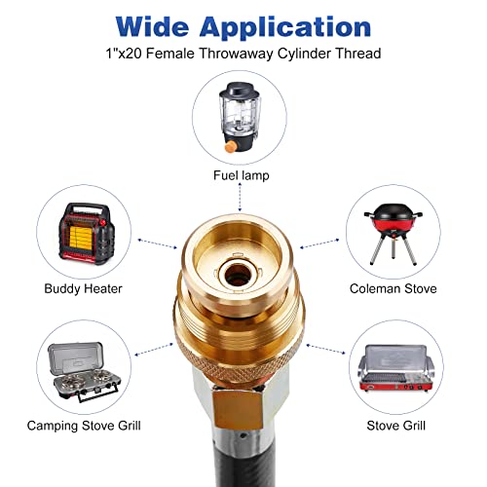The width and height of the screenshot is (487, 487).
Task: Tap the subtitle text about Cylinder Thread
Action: (243, 56)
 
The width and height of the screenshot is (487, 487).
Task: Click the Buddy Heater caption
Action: (81, 288)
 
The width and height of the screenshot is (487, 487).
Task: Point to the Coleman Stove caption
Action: (393, 288)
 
